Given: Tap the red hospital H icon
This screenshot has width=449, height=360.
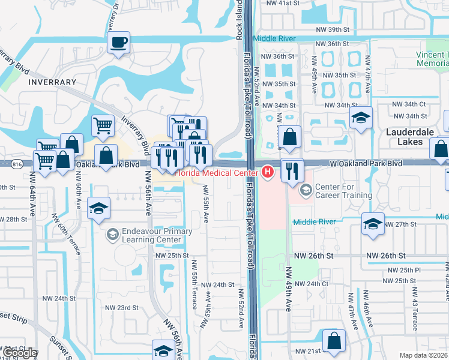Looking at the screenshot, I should point(268,173).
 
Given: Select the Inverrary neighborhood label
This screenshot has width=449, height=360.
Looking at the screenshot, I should point(52,82).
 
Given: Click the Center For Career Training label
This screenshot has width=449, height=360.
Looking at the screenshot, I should point(344,191).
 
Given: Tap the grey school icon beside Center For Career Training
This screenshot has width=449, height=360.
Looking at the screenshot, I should point(306,191).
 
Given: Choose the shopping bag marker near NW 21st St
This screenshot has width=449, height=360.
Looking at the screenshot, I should point(334,341).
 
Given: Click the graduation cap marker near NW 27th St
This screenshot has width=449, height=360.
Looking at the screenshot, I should point(373,225).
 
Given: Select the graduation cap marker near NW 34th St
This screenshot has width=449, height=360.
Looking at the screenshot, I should point(361,118).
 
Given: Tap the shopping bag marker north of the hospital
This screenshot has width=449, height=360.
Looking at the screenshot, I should point(289,137).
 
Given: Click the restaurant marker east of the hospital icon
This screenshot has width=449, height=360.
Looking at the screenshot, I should point(292,170).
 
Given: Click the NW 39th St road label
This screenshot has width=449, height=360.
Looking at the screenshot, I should point(333,29).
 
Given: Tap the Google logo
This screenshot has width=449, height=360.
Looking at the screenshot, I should point(20,353).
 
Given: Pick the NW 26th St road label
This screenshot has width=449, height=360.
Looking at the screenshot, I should point(314,256).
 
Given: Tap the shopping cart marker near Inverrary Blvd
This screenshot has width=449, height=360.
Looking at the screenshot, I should point(103,125).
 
